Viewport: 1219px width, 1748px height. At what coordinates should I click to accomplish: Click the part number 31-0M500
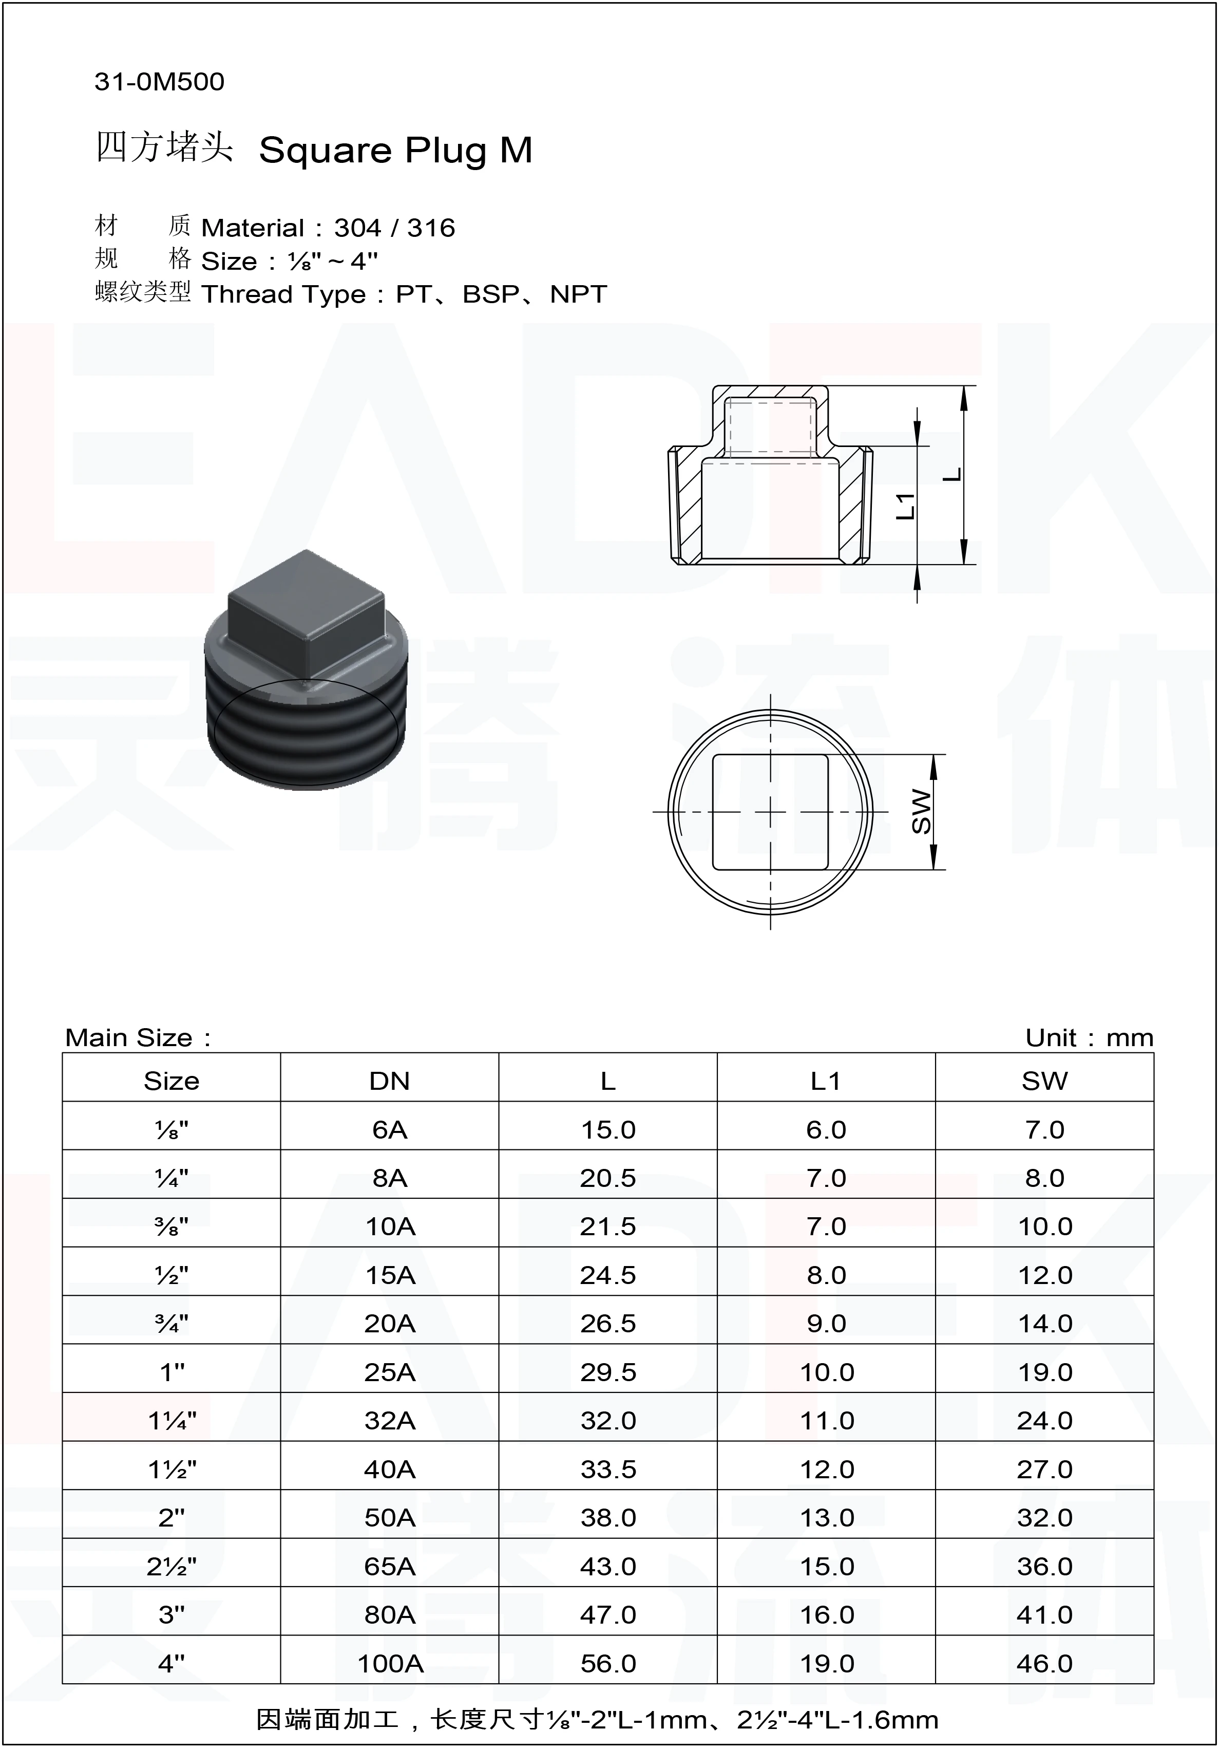[x=159, y=82]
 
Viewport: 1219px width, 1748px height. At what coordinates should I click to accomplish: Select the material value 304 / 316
[x=394, y=228]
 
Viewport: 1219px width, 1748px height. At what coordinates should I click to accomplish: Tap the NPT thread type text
[x=578, y=294]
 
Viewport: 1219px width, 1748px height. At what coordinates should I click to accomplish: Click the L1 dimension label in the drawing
[x=905, y=506]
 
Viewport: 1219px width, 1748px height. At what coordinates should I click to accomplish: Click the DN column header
[x=390, y=1081]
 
